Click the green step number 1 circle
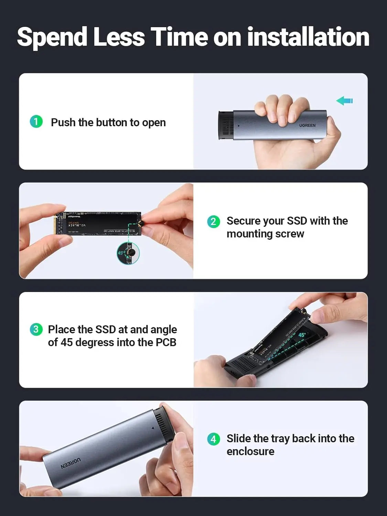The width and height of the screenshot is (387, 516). pyautogui.click(x=36, y=121)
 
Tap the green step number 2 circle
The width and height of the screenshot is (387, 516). pyautogui.click(x=213, y=221)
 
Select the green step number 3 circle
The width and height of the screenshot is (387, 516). pyautogui.click(x=36, y=329)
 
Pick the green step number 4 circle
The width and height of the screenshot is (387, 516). pyautogui.click(x=213, y=439)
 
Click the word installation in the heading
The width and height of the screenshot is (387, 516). pyautogui.click(x=308, y=37)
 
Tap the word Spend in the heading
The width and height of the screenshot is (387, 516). pyautogui.click(x=52, y=37)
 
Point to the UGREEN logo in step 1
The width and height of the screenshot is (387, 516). pyautogui.click(x=307, y=126)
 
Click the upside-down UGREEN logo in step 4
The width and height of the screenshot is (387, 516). pyautogui.click(x=71, y=463)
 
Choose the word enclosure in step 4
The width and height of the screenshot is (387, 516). pyautogui.click(x=250, y=452)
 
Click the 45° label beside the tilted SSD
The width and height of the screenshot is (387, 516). pyautogui.click(x=302, y=335)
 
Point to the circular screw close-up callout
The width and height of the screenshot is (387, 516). pyautogui.click(x=128, y=254)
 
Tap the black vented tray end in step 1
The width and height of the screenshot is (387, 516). pyautogui.click(x=226, y=126)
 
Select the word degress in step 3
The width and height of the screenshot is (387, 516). pyautogui.click(x=95, y=343)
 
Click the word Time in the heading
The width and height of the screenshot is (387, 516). pyautogui.click(x=179, y=37)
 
